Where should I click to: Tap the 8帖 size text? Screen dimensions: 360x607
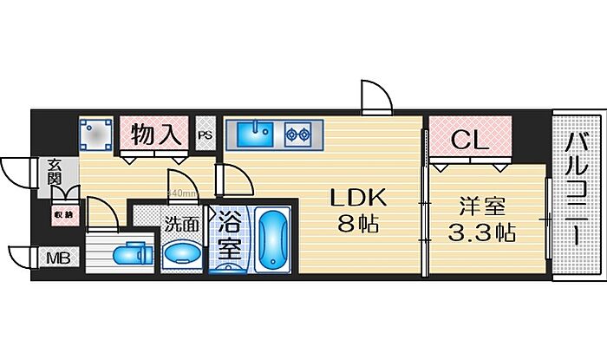tap(356, 226)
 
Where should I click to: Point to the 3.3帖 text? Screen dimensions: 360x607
tap(482, 233)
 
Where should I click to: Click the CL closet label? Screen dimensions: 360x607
tap(469, 138)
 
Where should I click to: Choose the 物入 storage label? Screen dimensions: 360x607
tap(156, 134)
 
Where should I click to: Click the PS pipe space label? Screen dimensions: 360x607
tap(205, 135)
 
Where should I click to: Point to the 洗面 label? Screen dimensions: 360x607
tap(181, 223)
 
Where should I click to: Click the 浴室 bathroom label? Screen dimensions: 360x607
tap(228, 233)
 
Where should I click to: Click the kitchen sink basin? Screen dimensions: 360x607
tap(254, 134)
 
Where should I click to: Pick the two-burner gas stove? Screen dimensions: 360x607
tap(300, 134)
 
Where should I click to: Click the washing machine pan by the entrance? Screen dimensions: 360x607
tap(95, 135)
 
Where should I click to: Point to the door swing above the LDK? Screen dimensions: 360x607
tap(375, 96)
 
